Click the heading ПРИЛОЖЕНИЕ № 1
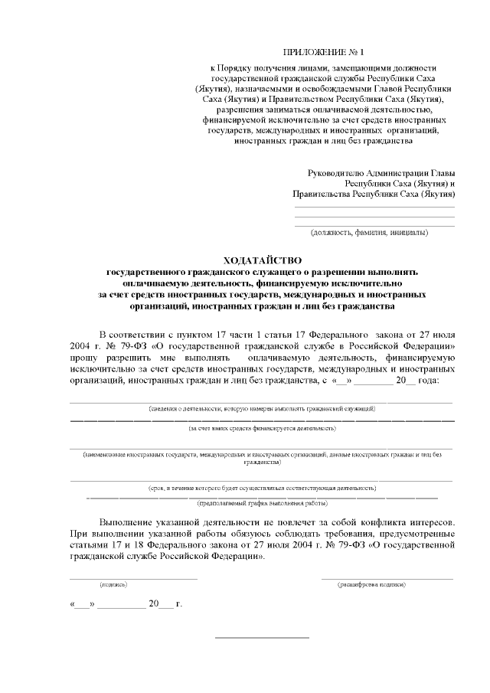coord(314,52)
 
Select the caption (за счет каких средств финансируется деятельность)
coord(262,430)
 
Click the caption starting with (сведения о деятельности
coord(262,409)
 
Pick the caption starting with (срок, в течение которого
coord(262,487)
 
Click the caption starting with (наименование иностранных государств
coord(262,459)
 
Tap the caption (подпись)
coord(113,584)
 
